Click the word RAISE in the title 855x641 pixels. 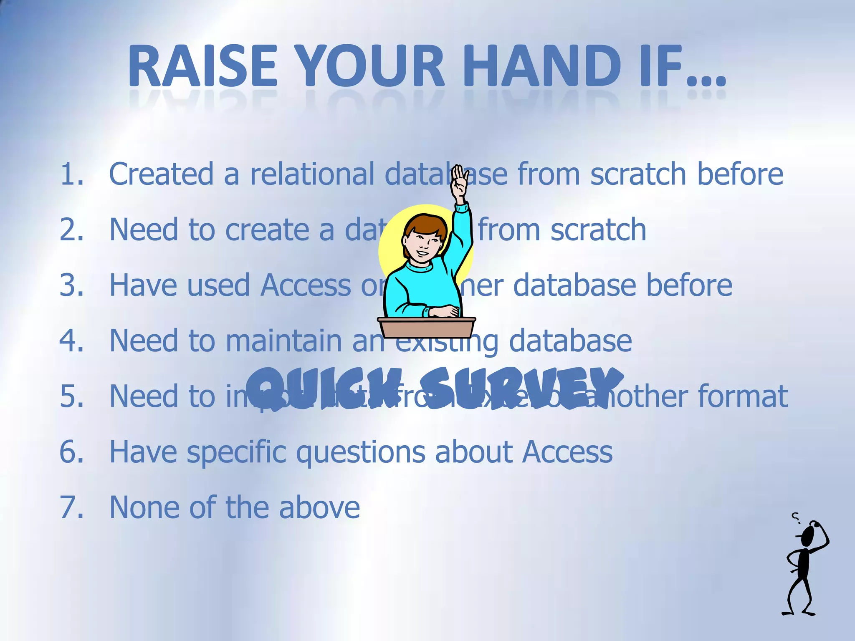203,67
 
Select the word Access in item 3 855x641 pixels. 306,285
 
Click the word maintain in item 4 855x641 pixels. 284,341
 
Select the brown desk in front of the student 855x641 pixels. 426,327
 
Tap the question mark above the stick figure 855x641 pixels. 796,518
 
